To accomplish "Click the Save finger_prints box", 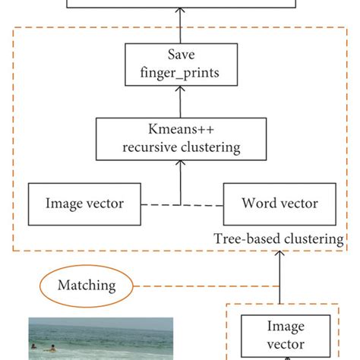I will tap(180, 65).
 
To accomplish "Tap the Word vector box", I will tap(279, 203).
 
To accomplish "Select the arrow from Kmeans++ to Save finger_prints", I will tap(180, 101).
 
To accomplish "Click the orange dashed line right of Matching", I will tap(205, 286).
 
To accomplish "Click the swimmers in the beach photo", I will tap(43, 348).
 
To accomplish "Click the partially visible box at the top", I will tap(180, 4).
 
